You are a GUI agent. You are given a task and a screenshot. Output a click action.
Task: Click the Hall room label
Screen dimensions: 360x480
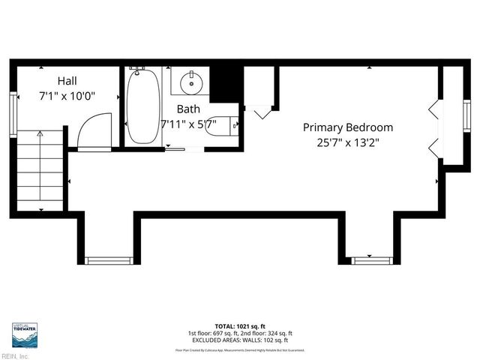pos(67,80)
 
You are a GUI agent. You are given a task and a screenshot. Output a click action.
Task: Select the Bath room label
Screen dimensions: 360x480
pos(187,109)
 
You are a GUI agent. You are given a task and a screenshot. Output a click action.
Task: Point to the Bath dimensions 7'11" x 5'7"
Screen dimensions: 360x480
pos(188,124)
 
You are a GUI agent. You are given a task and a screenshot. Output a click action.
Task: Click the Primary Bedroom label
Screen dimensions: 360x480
pos(347,127)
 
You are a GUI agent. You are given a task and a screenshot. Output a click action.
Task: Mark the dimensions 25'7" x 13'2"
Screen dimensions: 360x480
pos(347,143)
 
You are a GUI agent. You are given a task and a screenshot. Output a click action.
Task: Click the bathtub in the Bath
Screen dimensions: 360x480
pos(142,106)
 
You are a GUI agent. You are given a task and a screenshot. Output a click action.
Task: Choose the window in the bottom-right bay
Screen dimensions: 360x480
pos(371,260)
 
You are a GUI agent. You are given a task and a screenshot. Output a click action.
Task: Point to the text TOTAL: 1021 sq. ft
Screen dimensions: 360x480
pos(240,326)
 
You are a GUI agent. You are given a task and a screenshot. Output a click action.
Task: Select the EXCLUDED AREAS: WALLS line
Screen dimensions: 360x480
pos(240,340)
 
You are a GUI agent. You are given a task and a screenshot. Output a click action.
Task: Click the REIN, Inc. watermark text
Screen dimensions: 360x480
pos(15,356)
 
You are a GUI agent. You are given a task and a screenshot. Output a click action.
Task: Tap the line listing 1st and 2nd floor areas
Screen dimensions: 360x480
pos(240,333)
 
